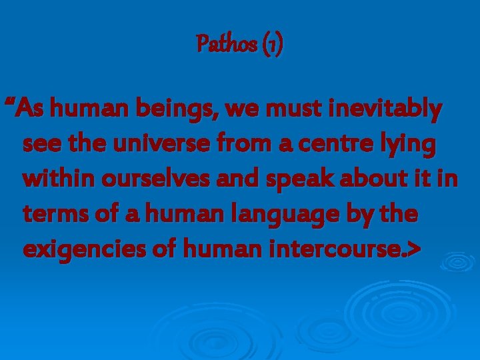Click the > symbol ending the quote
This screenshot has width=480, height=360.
(x=414, y=249)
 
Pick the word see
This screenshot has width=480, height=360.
(x=41, y=143)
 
